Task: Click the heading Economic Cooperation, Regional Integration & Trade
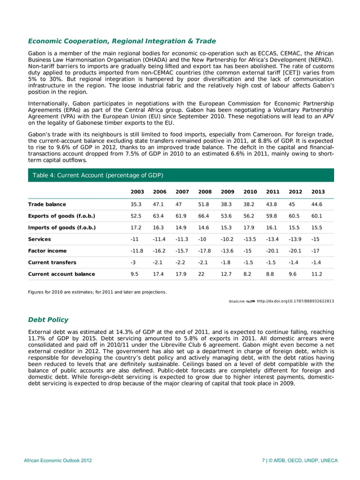[x=122, y=41]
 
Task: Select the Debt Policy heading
[x=48, y=319]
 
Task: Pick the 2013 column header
[x=318, y=192]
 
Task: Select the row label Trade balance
[x=47, y=204]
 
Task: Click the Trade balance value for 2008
[x=204, y=204]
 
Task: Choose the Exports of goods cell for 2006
[x=159, y=215]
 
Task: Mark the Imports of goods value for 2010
[x=249, y=227]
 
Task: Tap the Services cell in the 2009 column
[x=227, y=239]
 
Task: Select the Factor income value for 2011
[x=272, y=250]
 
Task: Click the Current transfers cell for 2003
[x=134, y=262]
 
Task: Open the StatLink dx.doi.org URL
[x=295, y=301]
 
